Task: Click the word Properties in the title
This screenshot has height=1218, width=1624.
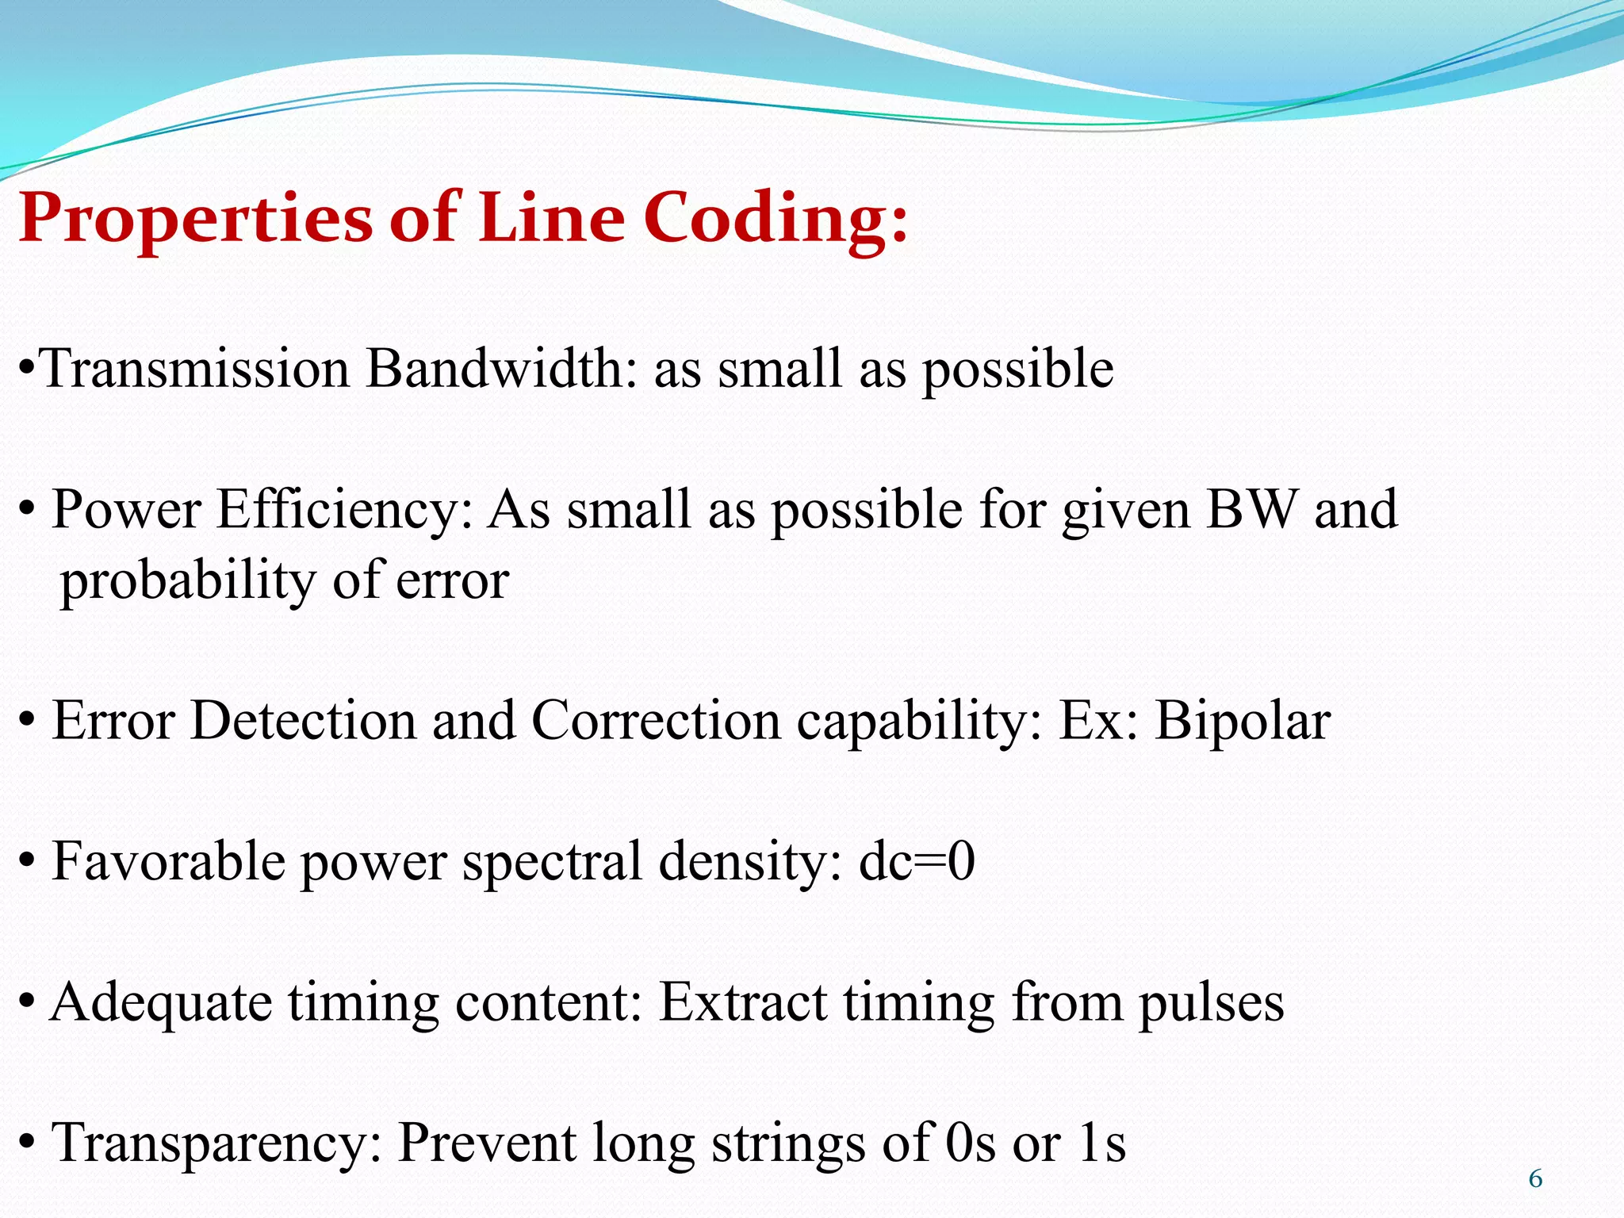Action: [x=194, y=218]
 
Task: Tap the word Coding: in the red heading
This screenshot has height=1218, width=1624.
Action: [x=775, y=218]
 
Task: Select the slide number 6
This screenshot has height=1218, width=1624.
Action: [x=1535, y=1179]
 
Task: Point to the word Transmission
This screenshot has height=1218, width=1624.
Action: [x=195, y=369]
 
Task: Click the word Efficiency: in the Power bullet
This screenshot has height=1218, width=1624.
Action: [x=345, y=509]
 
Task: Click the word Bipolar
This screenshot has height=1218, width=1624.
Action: [x=1242, y=722]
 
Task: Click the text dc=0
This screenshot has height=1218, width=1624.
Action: [x=917, y=862]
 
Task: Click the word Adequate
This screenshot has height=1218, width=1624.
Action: [x=161, y=1003]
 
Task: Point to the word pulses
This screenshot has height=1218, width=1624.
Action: [x=1211, y=1003]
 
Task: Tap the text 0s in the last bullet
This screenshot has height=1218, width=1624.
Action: [x=970, y=1143]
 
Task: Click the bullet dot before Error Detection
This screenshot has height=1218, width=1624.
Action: [x=27, y=722]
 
